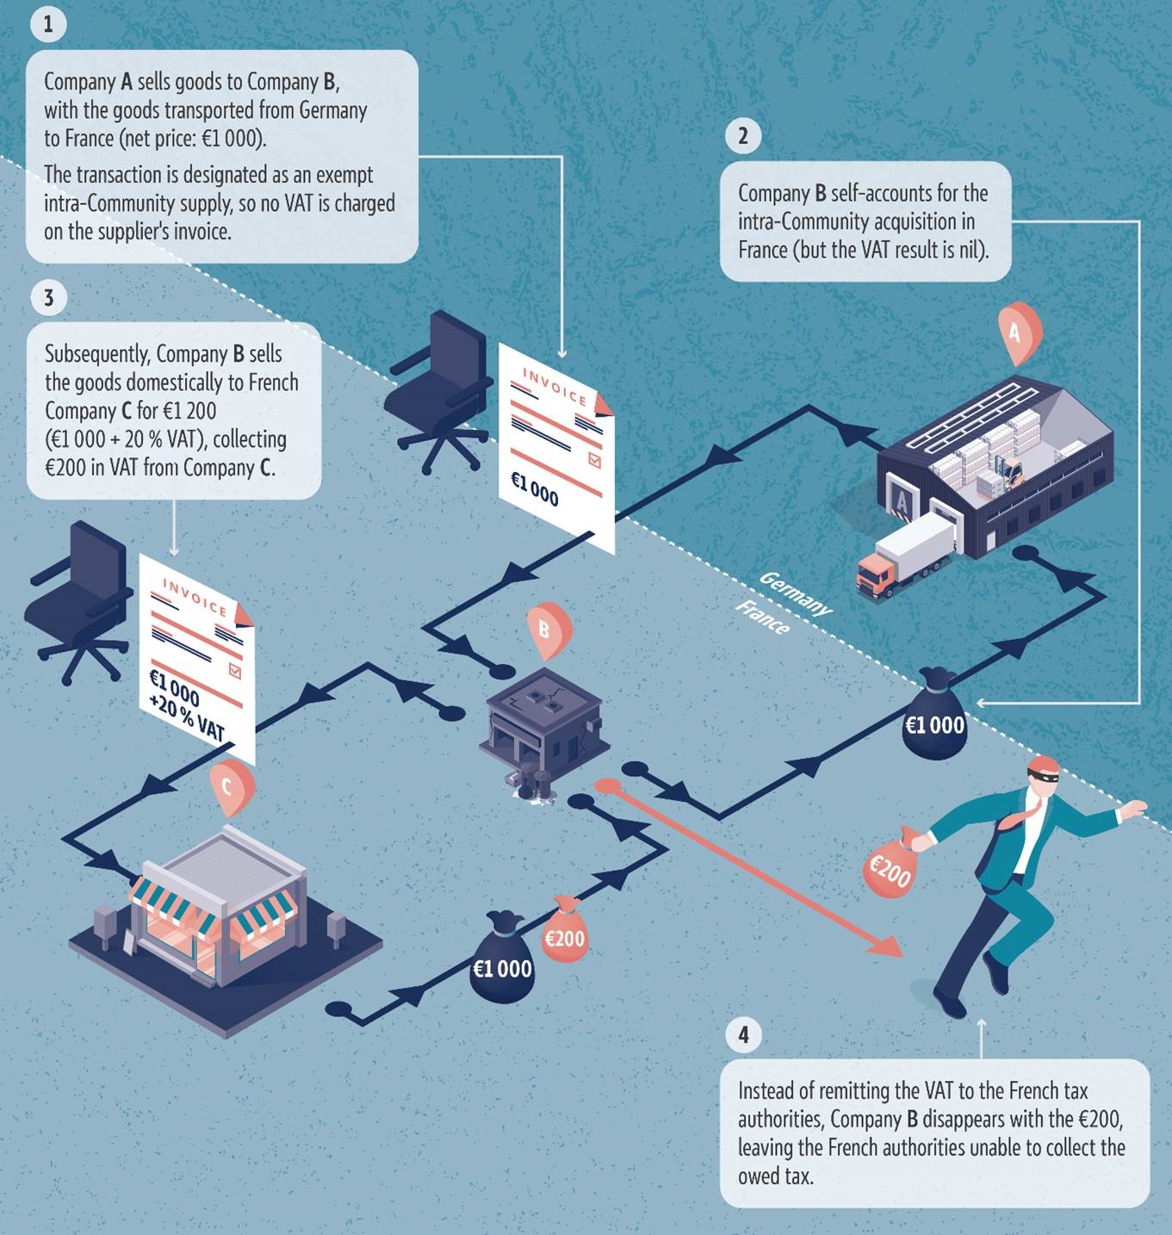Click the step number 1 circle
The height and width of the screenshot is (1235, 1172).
(48, 24)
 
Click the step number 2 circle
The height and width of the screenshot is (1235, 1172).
(743, 135)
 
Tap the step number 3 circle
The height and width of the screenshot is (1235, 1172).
(48, 297)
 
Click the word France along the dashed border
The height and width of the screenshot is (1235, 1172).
(762, 617)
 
